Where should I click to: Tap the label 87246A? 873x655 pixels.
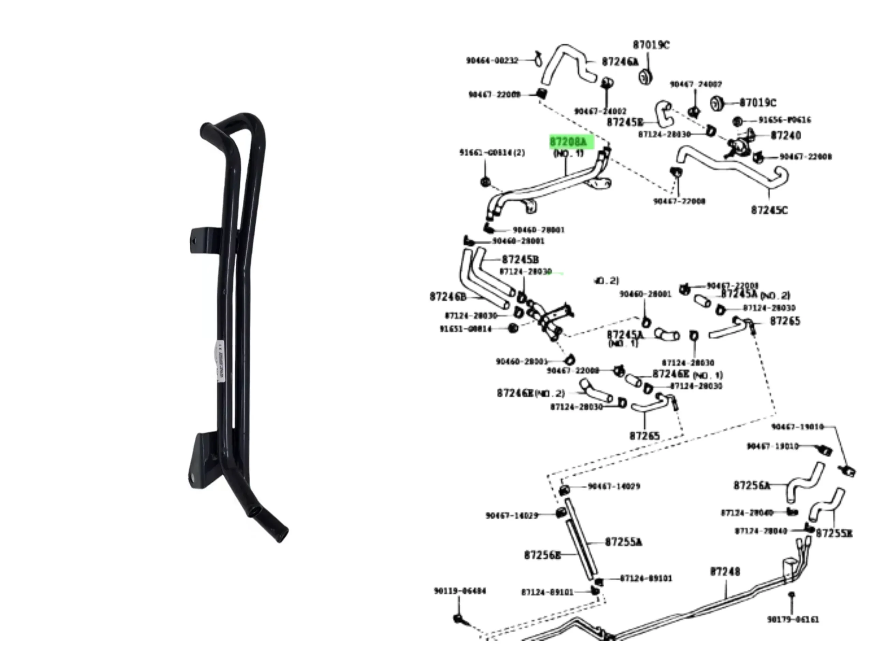[620, 62]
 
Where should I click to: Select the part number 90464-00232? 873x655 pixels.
[492, 60]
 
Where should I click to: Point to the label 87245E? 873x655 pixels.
[625, 122]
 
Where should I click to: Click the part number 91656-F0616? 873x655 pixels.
[785, 120]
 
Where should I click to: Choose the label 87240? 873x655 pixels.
[785, 135]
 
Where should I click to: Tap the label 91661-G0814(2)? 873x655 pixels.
[492, 152]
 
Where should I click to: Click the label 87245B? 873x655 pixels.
[520, 259]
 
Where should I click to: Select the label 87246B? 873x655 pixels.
[448, 296]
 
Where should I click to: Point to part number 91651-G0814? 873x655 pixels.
[466, 329]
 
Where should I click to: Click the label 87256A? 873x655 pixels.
[752, 485]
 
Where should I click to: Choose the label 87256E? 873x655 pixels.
[542, 555]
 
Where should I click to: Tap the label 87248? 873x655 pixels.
[725, 571]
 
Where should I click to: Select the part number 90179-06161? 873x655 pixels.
[793, 620]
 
